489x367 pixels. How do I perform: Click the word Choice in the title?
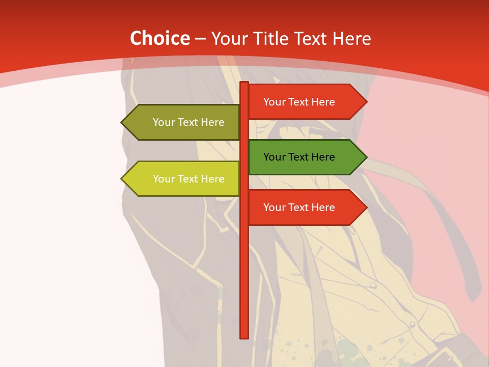tap(160, 39)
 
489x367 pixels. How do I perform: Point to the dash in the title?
tap(200, 39)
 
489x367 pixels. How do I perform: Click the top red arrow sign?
tap(301, 102)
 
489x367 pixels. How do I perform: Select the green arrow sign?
tap(301, 157)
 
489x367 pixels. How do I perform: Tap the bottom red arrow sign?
tap(301, 207)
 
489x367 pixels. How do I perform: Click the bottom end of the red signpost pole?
tap(244, 336)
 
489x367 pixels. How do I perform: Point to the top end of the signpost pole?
tap(244, 84)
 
